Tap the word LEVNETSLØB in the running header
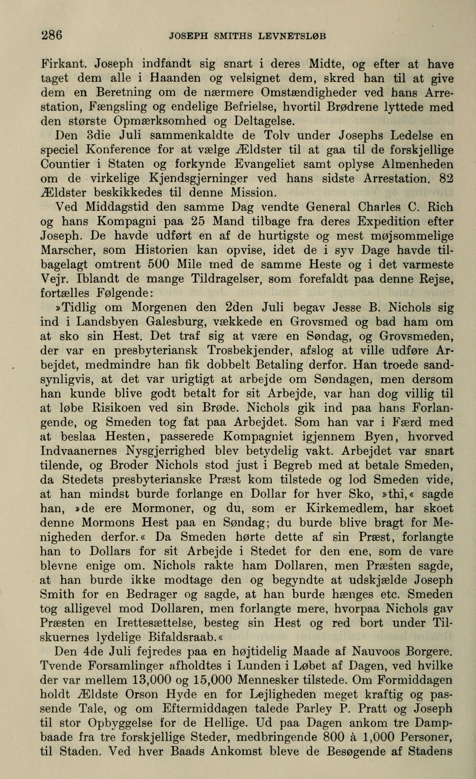pos(292,36)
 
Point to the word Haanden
pos(176,78)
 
